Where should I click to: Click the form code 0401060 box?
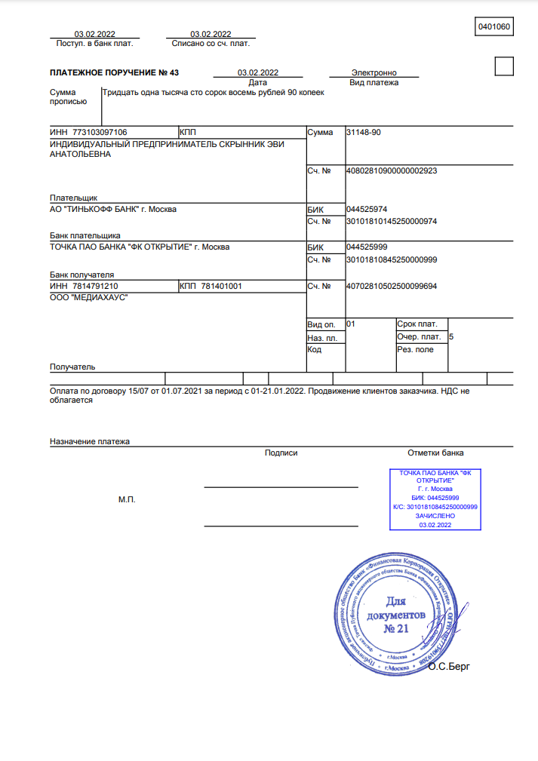pyautogui.click(x=494, y=27)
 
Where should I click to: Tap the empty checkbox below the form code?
pyautogui.click(x=503, y=66)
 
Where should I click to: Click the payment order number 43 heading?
pyautogui.click(x=114, y=73)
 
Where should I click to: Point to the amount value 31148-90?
pyautogui.click(x=363, y=132)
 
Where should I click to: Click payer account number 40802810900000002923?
pyautogui.click(x=391, y=170)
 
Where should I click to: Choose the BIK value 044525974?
pyautogui.click(x=365, y=209)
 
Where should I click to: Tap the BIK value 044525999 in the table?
pyautogui.click(x=365, y=247)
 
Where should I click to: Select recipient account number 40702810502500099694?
pyautogui.click(x=391, y=286)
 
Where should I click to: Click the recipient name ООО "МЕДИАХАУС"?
pyautogui.click(x=88, y=299)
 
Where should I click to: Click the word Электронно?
pyautogui.click(x=374, y=73)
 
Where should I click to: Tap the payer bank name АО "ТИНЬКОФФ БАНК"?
pyautogui.click(x=113, y=209)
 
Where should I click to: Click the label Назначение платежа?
pyautogui.click(x=90, y=441)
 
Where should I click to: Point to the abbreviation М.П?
pyautogui.click(x=127, y=500)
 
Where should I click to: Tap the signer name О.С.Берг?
pyautogui.click(x=448, y=667)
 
